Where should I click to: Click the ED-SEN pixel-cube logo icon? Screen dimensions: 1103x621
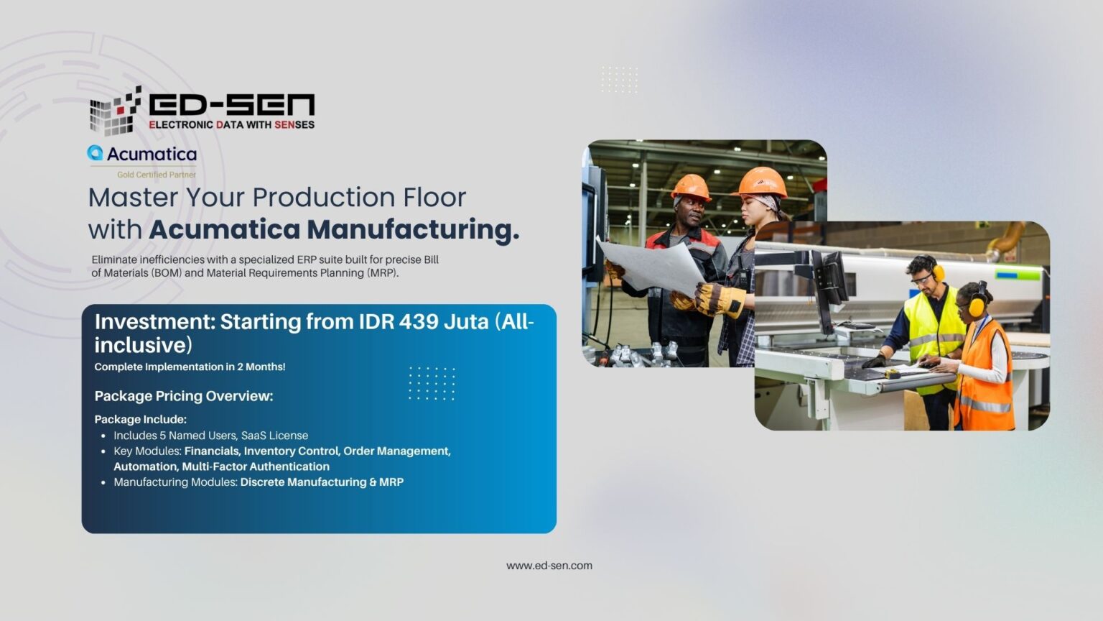(x=115, y=111)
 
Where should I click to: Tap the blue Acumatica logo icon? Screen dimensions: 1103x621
(x=95, y=153)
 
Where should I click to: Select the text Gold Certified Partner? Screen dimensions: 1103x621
(x=157, y=175)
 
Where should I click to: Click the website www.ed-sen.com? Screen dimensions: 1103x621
(x=549, y=566)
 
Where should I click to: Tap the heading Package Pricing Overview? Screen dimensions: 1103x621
(x=184, y=396)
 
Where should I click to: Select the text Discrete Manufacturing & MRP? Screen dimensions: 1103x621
(x=322, y=482)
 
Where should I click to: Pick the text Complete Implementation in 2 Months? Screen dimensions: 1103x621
(x=190, y=367)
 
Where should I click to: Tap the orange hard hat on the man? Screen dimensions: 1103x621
(x=691, y=187)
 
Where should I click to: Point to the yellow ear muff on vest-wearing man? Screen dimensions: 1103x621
(x=939, y=272)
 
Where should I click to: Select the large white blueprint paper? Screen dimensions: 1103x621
(x=653, y=267)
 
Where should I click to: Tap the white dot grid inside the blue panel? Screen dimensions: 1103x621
(x=432, y=383)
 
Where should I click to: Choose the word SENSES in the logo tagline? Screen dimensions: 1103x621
(x=294, y=124)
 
